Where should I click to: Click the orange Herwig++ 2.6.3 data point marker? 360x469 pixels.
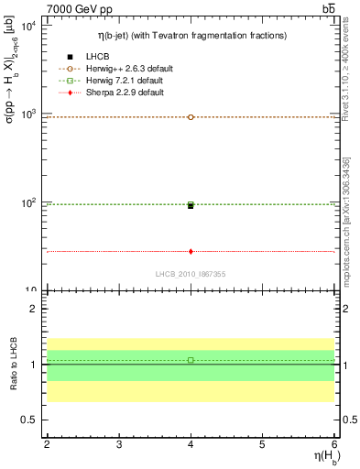click(x=191, y=117)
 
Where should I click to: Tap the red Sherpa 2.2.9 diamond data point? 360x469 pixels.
click(x=191, y=251)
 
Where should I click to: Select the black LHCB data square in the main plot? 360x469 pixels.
click(x=191, y=206)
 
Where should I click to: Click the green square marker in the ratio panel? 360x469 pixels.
click(x=191, y=360)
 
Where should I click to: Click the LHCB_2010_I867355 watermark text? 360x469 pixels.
click(x=191, y=274)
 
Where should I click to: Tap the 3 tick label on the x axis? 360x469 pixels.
click(x=119, y=444)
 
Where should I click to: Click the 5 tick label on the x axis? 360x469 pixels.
click(x=263, y=444)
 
